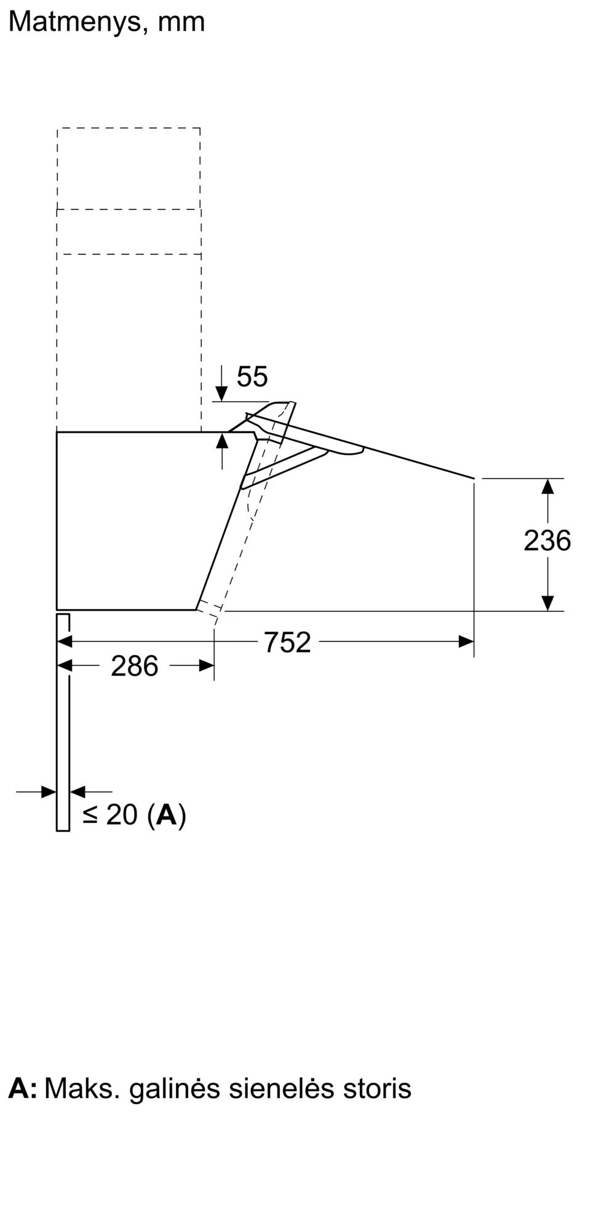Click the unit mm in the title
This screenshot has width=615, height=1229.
181,22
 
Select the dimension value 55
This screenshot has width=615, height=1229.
252,377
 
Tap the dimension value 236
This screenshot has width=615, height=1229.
547,541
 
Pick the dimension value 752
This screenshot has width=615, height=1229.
287,643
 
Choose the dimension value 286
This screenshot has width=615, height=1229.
134,666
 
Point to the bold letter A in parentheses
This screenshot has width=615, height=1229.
167,815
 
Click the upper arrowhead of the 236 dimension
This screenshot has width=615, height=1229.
547,487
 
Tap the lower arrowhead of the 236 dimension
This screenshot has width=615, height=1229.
547,603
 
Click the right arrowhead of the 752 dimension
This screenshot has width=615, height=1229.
466,642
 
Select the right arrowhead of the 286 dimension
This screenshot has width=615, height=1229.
207,666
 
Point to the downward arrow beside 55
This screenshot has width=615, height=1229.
221,392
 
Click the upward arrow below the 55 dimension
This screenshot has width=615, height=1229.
222,442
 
